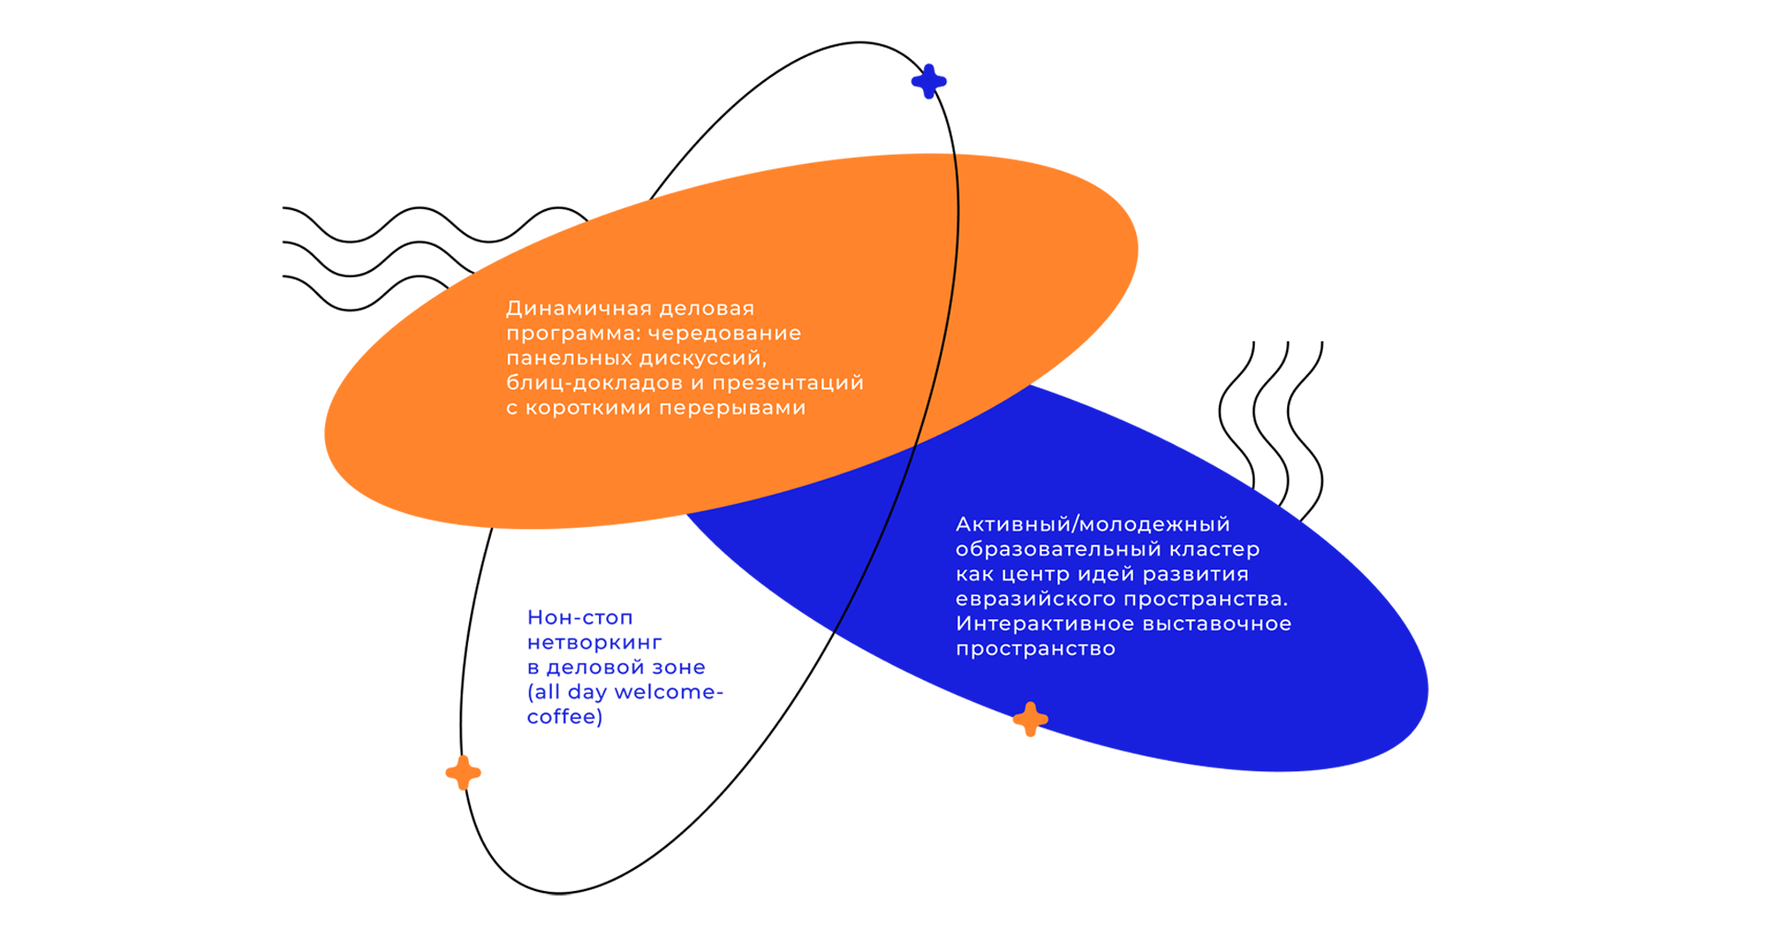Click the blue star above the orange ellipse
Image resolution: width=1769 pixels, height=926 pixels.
929,81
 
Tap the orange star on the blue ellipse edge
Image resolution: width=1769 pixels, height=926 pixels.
1030,720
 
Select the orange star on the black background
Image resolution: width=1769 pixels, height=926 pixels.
463,772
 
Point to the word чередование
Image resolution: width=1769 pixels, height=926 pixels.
724,334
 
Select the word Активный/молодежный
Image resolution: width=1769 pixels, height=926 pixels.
1093,524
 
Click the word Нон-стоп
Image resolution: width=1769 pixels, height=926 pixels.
580,617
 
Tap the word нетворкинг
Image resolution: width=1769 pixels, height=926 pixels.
594,642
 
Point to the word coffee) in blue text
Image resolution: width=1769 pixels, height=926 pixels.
564,717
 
